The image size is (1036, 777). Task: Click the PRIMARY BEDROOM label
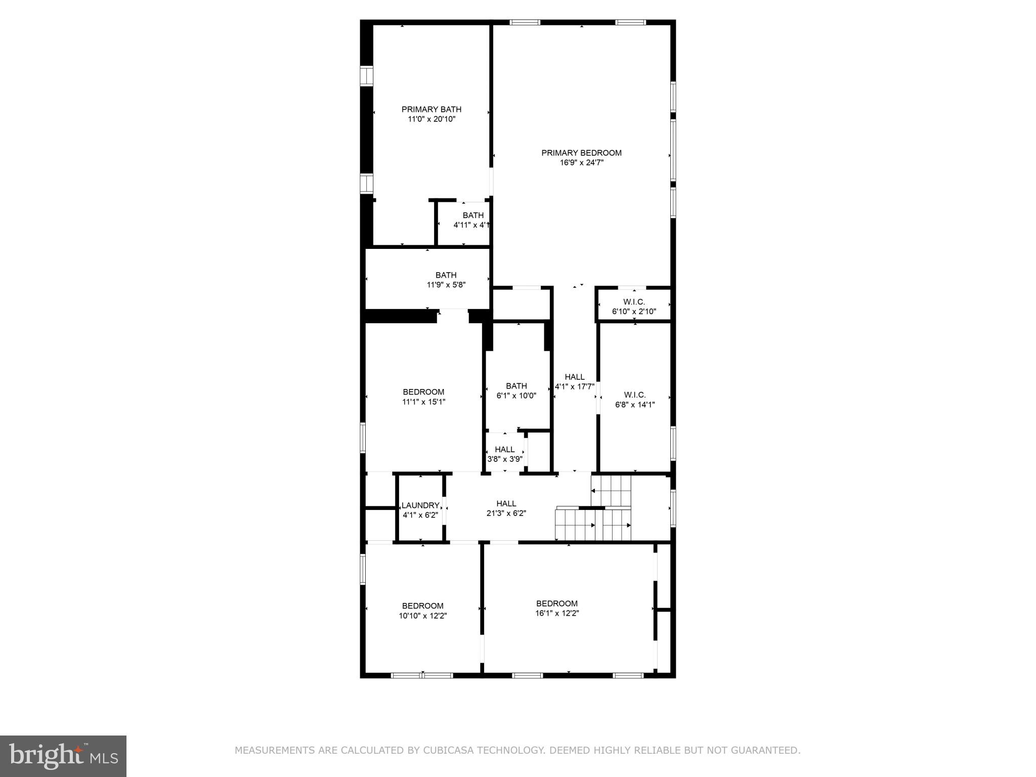coord(581,153)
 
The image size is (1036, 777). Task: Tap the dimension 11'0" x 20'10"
coord(431,119)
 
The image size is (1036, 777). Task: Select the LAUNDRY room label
coord(420,505)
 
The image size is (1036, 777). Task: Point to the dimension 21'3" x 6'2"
coord(506,513)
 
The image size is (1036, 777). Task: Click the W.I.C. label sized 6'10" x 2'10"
coord(634,302)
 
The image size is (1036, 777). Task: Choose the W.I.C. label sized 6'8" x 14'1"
coord(634,395)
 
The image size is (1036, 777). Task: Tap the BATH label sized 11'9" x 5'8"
coord(446,275)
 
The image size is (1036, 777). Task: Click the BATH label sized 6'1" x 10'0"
coord(516,386)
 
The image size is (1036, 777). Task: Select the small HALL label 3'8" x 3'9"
coord(504,449)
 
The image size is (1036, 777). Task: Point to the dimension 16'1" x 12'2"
coord(556,613)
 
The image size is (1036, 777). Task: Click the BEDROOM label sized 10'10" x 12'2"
coord(422,606)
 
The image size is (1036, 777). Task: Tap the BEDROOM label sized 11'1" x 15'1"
coord(423,392)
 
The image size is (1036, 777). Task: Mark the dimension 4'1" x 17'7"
coord(574,386)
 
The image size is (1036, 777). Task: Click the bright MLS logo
coord(63,756)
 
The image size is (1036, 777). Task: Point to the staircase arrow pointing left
coord(593,491)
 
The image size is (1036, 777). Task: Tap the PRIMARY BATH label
coord(431,109)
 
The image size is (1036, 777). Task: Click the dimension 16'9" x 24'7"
coord(581,163)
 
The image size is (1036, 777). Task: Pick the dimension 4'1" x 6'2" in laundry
coord(420,515)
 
